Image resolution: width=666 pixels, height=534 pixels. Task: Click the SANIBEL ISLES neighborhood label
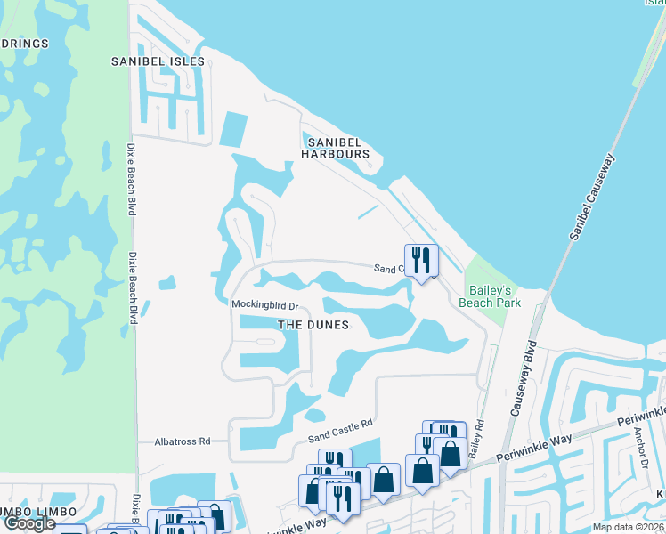(158, 61)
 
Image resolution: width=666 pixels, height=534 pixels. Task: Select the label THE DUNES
(313, 325)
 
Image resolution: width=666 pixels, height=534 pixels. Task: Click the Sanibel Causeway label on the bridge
(593, 195)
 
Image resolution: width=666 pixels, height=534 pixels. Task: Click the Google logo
(28, 523)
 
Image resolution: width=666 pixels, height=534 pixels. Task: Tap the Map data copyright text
(628, 527)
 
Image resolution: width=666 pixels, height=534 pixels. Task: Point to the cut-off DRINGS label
(24, 43)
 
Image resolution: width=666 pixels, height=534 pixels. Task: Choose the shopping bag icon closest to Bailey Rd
(451, 452)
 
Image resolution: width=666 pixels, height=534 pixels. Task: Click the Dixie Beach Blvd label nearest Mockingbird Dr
(132, 288)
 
